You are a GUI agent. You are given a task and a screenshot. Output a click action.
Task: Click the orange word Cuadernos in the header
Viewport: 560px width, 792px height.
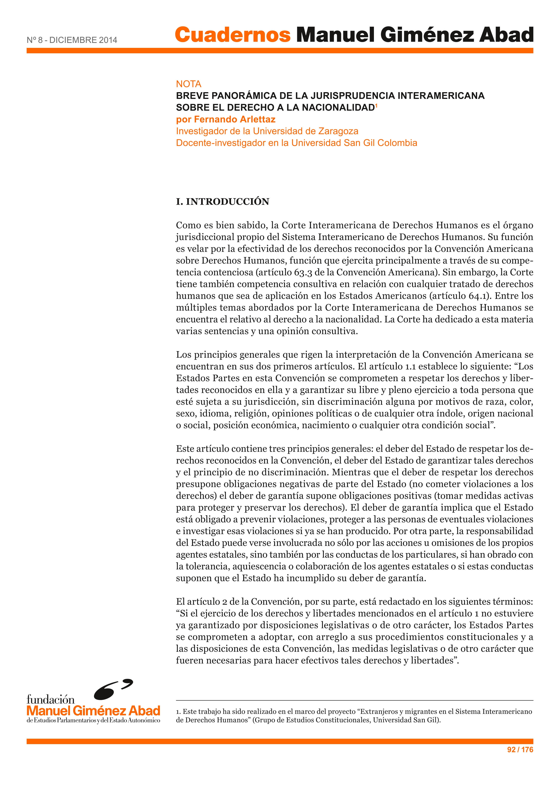point(233,35)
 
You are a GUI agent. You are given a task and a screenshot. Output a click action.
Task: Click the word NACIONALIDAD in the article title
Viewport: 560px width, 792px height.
point(338,108)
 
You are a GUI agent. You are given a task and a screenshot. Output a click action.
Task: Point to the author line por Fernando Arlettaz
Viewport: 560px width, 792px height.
point(226,119)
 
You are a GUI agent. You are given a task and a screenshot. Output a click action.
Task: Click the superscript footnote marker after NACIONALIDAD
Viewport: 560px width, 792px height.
point(376,105)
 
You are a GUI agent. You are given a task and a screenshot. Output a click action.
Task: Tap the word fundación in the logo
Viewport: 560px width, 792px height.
point(51,700)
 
